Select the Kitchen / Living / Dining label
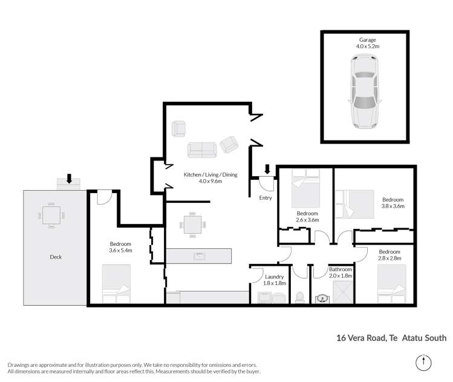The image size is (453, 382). pyautogui.click(x=211, y=177)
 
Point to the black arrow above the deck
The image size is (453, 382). pyautogui.click(x=69, y=179)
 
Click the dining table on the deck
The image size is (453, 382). pyautogui.click(x=51, y=216)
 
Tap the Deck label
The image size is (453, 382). pyautogui.click(x=55, y=257)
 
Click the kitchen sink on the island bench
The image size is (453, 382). pyautogui.click(x=198, y=257)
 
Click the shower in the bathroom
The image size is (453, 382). pyautogui.click(x=342, y=296)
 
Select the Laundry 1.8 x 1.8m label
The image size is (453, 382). pyautogui.click(x=273, y=279)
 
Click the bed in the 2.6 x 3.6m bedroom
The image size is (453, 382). pyautogui.click(x=306, y=187)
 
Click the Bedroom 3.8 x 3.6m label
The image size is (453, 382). pyautogui.click(x=392, y=203)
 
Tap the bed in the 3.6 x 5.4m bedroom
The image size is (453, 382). pyautogui.click(x=116, y=284)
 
